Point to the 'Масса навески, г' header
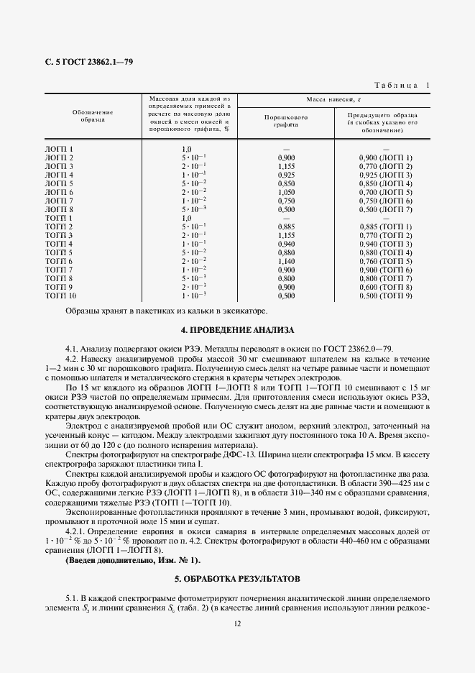334,100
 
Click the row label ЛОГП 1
60,149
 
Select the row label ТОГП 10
61,296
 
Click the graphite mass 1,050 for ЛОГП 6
286,192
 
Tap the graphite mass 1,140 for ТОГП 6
286,261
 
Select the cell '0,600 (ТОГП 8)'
386,287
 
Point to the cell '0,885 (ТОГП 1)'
386,226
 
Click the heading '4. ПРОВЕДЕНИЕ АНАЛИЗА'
237,330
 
